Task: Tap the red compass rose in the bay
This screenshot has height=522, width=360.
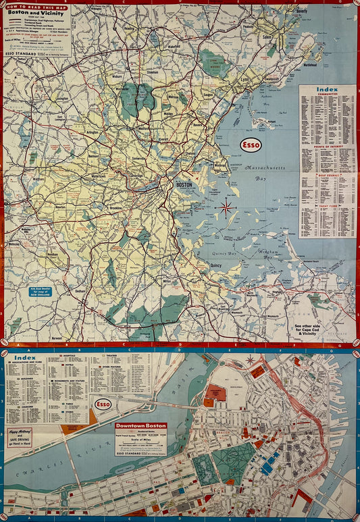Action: (x=226, y=207)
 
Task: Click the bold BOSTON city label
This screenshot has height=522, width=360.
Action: (x=184, y=184)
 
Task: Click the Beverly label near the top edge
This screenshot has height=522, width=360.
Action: (x=300, y=12)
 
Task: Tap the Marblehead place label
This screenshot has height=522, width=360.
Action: (x=310, y=66)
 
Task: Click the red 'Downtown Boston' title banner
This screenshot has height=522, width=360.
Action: (x=140, y=426)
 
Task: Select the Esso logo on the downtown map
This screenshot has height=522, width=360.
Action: (x=103, y=404)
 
